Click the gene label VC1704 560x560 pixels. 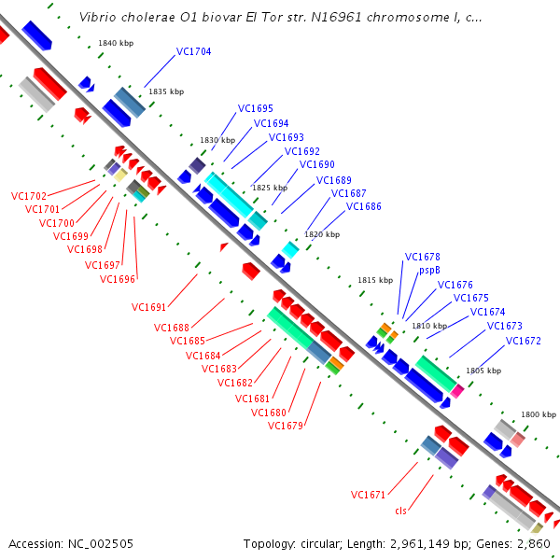(x=194, y=52)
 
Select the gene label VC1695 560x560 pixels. (x=256, y=108)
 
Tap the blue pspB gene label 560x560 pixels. (x=429, y=271)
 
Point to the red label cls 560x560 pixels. (x=401, y=510)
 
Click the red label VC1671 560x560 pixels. (x=369, y=495)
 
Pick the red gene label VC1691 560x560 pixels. (x=149, y=307)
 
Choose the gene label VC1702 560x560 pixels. (x=29, y=197)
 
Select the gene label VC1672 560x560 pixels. (x=524, y=341)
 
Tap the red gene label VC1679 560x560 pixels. (x=286, y=426)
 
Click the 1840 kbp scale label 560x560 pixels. (x=116, y=44)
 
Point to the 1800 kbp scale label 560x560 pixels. (x=539, y=413)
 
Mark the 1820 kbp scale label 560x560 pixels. (x=322, y=233)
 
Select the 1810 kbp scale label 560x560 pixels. (x=429, y=326)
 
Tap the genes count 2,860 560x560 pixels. (x=532, y=543)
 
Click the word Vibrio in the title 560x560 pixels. (x=99, y=17)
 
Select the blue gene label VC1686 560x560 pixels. (x=364, y=206)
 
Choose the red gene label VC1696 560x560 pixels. (x=118, y=279)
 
